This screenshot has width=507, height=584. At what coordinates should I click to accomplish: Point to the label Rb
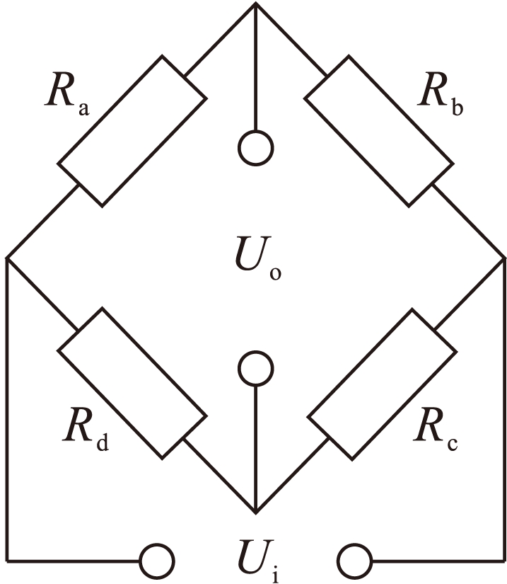click(438, 96)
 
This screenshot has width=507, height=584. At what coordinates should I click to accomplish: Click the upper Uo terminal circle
click(255, 149)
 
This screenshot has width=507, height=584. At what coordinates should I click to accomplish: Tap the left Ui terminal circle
click(157, 562)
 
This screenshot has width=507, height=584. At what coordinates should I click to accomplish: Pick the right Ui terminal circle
click(354, 562)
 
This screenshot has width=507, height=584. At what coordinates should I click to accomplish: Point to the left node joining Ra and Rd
click(7, 258)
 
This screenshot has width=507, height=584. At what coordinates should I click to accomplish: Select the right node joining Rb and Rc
click(503, 258)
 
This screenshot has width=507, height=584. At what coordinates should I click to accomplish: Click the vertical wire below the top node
click(255, 71)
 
